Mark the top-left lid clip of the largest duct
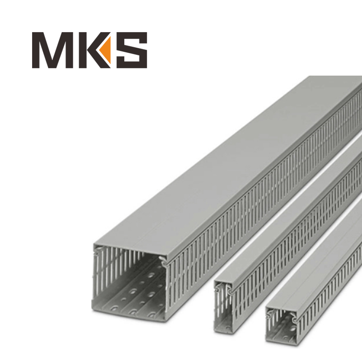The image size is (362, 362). pyautogui.click(x=98, y=250)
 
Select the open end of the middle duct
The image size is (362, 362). pyautogui.click(x=224, y=307)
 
